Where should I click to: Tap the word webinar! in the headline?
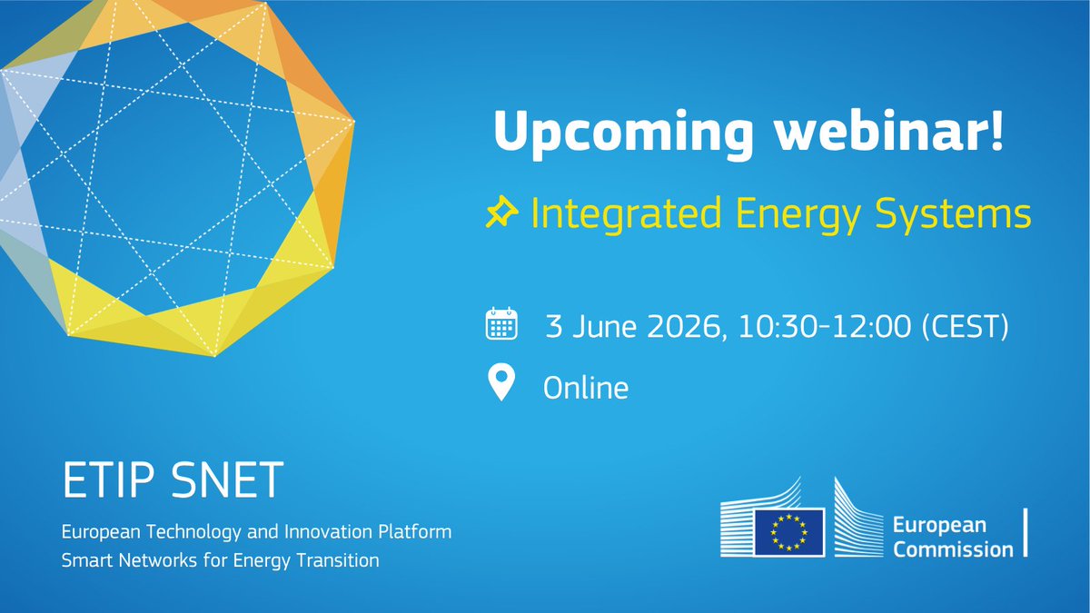click(x=889, y=131)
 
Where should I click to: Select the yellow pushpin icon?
click(x=501, y=213)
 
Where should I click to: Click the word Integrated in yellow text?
click(x=625, y=214)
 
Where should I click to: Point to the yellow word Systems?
click(x=953, y=214)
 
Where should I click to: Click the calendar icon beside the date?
click(x=501, y=323)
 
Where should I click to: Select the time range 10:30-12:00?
click(x=825, y=326)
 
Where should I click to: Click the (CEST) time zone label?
click(x=966, y=326)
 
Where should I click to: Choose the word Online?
click(x=586, y=388)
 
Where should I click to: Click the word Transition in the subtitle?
click(x=338, y=560)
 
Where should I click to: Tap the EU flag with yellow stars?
click(x=788, y=532)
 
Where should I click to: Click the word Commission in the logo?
click(x=953, y=549)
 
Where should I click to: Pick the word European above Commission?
click(x=939, y=526)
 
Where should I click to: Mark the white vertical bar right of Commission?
click(x=1026, y=532)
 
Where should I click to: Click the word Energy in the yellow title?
click(x=798, y=214)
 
